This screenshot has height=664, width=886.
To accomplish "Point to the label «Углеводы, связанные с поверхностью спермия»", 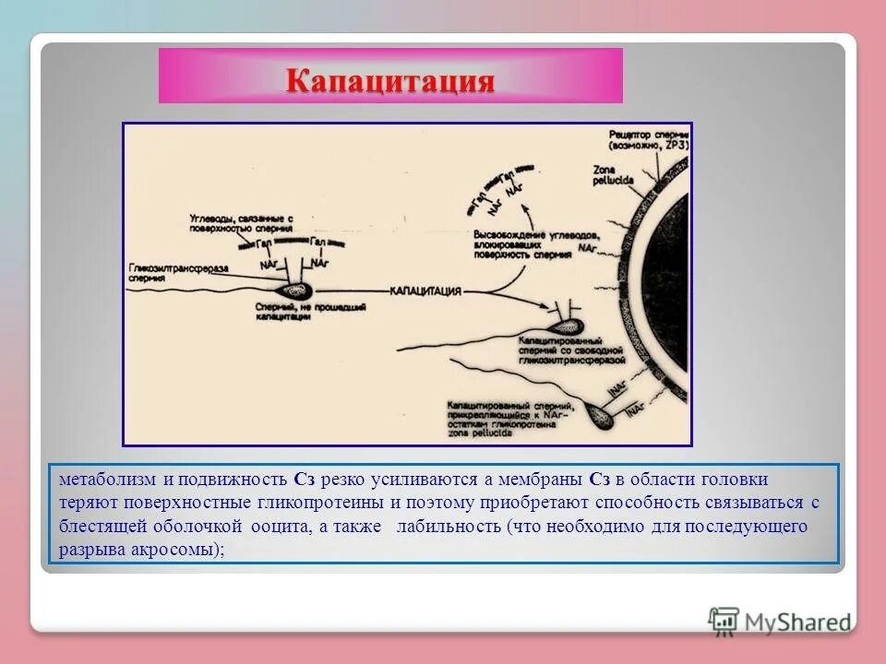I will (241, 221).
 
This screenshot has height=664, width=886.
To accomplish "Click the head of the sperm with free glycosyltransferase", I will (566, 326).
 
